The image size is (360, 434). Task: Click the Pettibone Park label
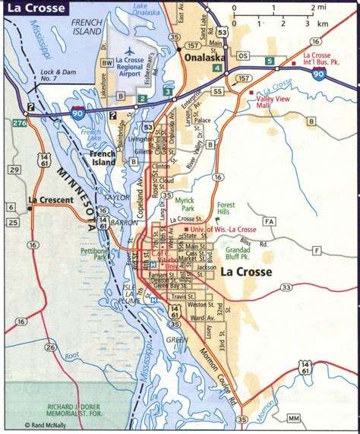97,254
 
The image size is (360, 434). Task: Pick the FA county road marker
269,221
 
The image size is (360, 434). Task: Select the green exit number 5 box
269,61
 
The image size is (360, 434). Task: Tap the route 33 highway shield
286,287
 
